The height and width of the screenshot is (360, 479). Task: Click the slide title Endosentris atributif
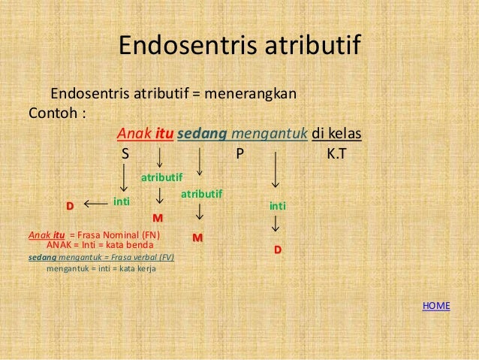click(239, 47)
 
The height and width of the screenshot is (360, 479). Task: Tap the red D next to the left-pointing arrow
click(70, 205)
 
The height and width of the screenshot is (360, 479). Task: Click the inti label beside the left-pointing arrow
click(122, 201)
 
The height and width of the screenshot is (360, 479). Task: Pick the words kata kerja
click(135, 267)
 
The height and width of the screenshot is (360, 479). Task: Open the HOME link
click(436, 305)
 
